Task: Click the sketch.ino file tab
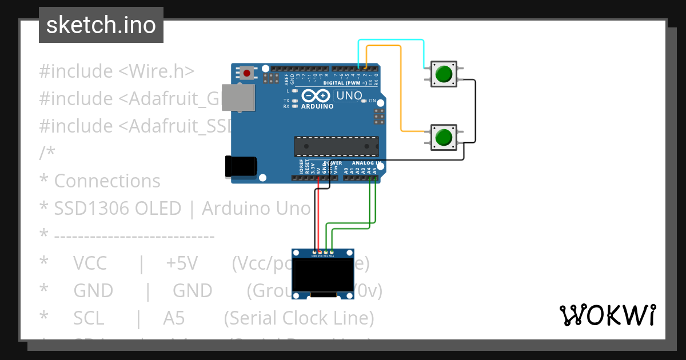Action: coord(101,25)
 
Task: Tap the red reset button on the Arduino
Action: coord(247,73)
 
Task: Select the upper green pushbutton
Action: coord(443,74)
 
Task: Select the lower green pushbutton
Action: coord(443,138)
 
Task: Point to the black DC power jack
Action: coord(240,166)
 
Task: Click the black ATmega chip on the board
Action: coord(336,146)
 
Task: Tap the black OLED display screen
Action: coord(323,275)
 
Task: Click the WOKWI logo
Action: coord(607,315)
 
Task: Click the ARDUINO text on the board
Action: coord(317,106)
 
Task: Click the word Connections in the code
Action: coord(107,181)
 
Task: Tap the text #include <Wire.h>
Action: coord(117,71)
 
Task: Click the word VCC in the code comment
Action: coord(90,263)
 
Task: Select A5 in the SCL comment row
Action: coord(174,318)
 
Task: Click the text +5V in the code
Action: coord(182,263)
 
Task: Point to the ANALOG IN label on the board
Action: coord(366,163)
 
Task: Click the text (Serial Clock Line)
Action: coord(299,318)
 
